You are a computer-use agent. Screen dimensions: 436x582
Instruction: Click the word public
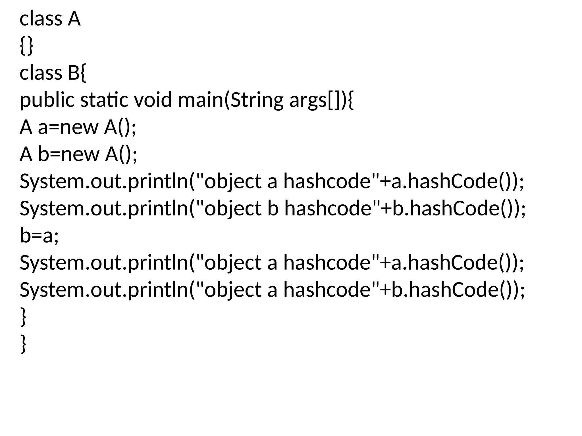pyautogui.click(x=47, y=100)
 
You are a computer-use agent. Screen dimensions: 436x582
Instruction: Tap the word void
pyautogui.click(x=153, y=100)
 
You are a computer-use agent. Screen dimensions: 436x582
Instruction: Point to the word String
pyautogui.click(x=257, y=100)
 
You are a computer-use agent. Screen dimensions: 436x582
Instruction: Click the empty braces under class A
pyautogui.click(x=26, y=46)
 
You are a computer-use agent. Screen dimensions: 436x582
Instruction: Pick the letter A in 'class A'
pyautogui.click(x=74, y=19)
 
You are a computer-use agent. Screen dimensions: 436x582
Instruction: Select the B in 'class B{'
pyautogui.click(x=74, y=73)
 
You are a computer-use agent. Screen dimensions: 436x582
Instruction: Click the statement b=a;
pyautogui.click(x=39, y=235)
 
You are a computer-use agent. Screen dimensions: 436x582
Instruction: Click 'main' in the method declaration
pyautogui.click(x=201, y=100)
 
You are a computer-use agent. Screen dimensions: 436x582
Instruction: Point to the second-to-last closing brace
pyautogui.click(x=24, y=317)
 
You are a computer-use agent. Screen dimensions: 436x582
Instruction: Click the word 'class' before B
pyautogui.click(x=41, y=73)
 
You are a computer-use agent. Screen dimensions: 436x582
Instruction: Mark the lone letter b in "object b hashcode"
pyautogui.click(x=273, y=208)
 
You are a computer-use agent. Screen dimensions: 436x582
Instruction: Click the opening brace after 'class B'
pyautogui.click(x=83, y=73)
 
